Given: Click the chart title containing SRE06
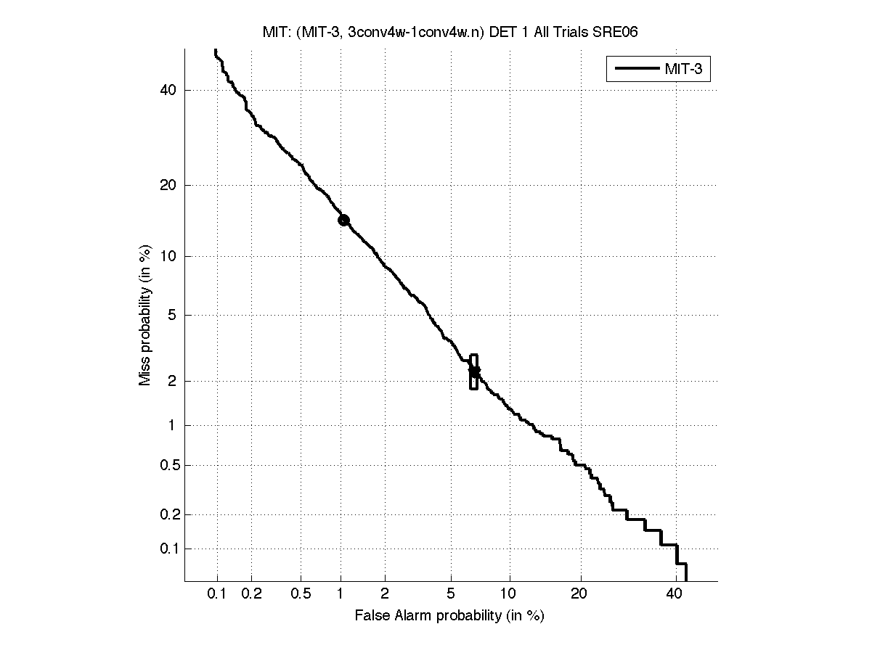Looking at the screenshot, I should (x=449, y=32).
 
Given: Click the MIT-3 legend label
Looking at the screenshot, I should (x=686, y=70).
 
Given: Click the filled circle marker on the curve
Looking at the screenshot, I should (x=343, y=220).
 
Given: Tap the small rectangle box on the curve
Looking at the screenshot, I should (x=474, y=371).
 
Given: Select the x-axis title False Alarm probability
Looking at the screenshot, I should (x=449, y=616).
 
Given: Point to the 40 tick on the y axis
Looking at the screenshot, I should (x=169, y=90).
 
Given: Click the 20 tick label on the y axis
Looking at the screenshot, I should (x=169, y=185).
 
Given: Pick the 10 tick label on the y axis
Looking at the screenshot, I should (x=169, y=256).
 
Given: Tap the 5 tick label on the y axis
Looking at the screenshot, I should (x=173, y=315).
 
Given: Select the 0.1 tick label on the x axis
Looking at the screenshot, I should (x=217, y=594).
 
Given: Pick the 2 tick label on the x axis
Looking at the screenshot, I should (x=385, y=594).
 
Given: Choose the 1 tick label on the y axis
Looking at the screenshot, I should (x=173, y=426).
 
